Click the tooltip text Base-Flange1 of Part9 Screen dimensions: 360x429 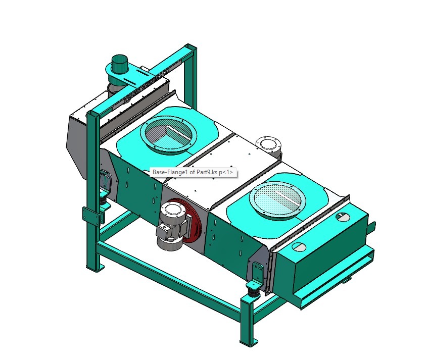pyautogui.click(x=193, y=172)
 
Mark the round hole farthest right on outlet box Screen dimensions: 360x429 pyautogui.click(x=342, y=216)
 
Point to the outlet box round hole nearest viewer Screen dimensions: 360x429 pyautogui.click(x=299, y=247)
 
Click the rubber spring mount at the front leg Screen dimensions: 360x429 pyautogui.click(x=252, y=288)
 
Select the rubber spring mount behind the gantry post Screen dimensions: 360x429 pyautogui.click(x=103, y=199)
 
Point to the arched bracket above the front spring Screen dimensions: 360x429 pyautogui.click(x=257, y=271)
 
